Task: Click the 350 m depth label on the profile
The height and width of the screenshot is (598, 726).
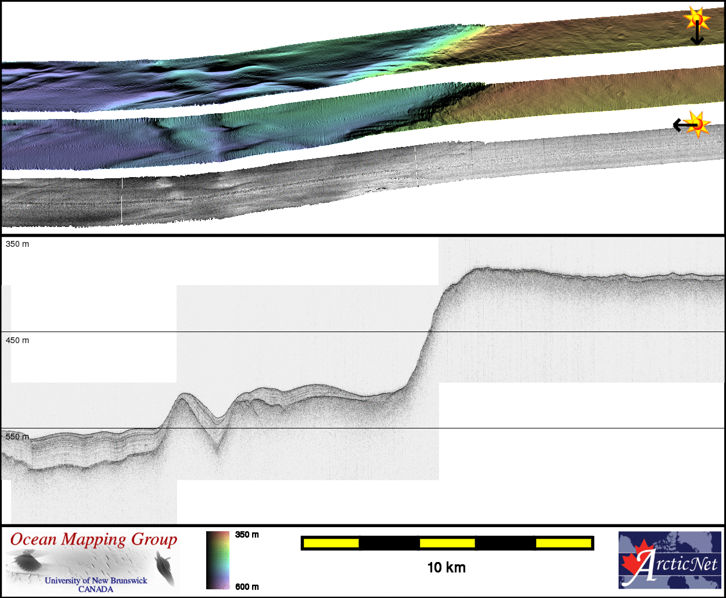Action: click(x=17, y=244)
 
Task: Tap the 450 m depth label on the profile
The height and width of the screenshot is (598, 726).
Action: click(x=17, y=340)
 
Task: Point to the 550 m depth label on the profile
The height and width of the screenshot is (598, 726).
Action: click(x=17, y=437)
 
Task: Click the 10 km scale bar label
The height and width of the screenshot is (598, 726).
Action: click(x=447, y=567)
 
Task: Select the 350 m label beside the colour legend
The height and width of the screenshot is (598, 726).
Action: click(x=247, y=535)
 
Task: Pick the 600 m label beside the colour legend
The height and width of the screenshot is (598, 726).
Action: click(x=247, y=587)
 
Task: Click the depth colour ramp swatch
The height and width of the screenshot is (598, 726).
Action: click(x=218, y=560)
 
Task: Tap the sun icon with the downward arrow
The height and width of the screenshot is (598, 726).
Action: click(x=696, y=18)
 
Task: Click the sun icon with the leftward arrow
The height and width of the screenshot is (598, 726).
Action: click(x=697, y=124)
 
